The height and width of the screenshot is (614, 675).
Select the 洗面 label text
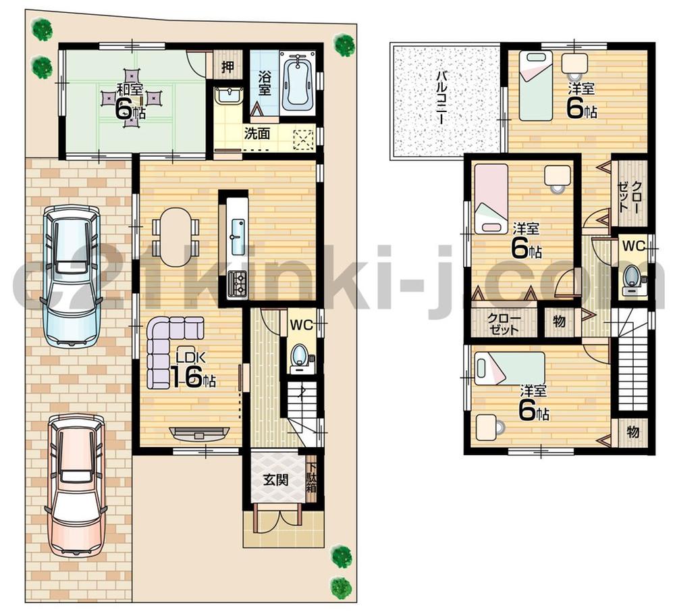click(257, 133)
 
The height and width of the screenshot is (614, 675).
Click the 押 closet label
click(228, 67)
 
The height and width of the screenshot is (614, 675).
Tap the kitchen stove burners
click(238, 284)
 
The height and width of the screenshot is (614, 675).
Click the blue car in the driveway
click(70, 274)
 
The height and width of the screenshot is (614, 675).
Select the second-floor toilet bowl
click(632, 278)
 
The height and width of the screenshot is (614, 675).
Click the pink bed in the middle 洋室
click(490, 198)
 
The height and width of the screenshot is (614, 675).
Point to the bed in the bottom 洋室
click(510, 368)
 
